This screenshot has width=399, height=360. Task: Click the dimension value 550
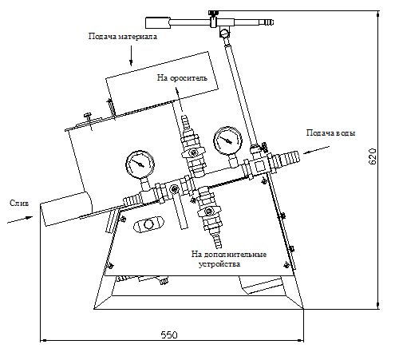point(169,334)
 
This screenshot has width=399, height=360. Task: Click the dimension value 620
point(373,156)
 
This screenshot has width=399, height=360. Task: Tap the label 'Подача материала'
point(123,36)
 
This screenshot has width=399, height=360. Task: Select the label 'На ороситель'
point(182,78)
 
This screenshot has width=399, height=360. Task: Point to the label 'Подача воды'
point(330,133)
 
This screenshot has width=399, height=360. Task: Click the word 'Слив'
point(19,203)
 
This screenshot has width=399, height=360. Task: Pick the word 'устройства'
point(219,264)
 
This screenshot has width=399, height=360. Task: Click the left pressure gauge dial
point(140,164)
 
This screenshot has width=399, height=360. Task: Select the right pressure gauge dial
point(228,140)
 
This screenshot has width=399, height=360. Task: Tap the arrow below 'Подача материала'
point(131,55)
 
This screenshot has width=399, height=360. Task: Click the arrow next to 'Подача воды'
point(316,150)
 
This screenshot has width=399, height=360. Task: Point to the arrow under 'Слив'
point(20,220)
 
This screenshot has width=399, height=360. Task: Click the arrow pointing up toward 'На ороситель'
point(180,100)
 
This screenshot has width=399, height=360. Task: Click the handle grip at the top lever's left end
point(157,22)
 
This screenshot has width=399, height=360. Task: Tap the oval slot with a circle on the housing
point(148,224)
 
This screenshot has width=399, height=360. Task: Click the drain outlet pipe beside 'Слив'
point(66,209)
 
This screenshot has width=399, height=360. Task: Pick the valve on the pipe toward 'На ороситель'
point(194,152)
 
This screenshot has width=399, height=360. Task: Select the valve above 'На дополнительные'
point(209,211)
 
